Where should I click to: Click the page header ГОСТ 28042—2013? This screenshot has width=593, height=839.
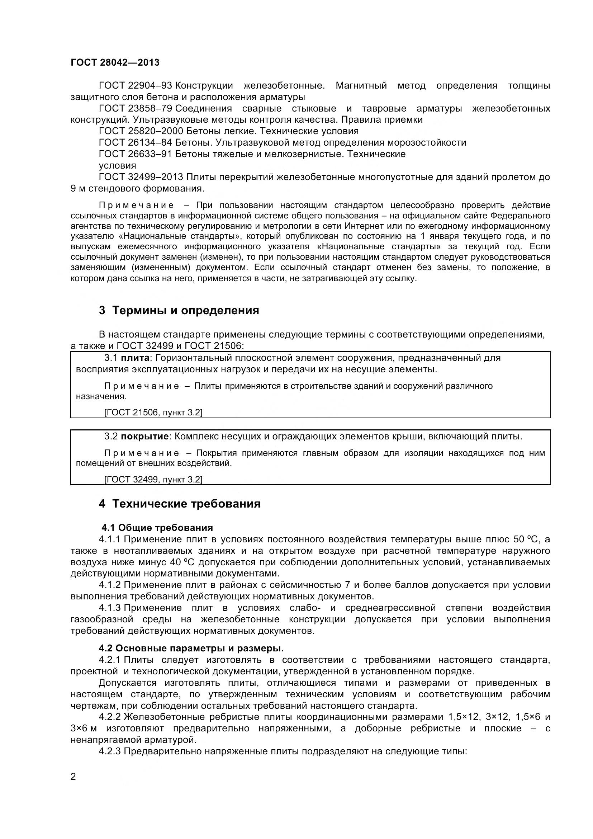[115, 63]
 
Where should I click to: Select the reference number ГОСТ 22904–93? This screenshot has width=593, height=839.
[135, 86]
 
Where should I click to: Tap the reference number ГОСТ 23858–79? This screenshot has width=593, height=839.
[135, 109]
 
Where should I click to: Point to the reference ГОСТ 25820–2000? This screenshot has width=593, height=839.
[141, 131]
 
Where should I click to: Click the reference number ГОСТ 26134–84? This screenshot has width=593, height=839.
[135, 142]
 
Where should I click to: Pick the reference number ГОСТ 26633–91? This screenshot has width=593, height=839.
[135, 154]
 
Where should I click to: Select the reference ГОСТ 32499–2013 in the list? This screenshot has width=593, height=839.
[141, 177]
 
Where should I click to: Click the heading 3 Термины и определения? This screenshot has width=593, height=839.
[179, 311]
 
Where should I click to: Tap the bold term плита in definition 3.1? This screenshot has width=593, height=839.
[135, 358]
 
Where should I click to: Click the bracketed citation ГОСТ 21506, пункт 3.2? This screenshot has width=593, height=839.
[153, 413]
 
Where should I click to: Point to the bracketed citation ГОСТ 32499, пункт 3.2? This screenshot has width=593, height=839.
[153, 480]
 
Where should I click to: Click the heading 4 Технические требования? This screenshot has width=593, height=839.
[180, 504]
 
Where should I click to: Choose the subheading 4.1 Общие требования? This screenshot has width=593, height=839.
[157, 528]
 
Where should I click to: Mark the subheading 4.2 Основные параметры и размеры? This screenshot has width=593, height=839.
[191, 648]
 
